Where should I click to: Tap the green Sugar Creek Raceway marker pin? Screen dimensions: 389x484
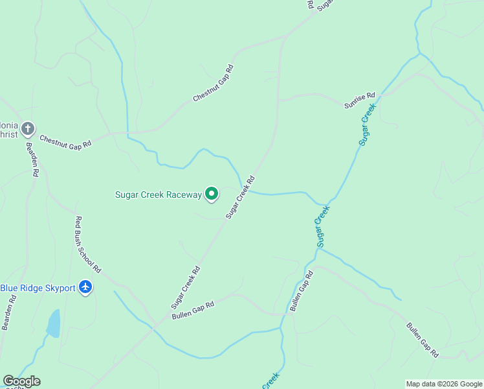coord(212,193)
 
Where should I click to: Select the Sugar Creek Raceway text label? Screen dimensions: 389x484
coord(159,194)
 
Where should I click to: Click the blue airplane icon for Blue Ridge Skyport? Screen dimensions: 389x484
coord(85,287)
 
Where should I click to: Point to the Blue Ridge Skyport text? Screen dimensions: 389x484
coord(38,287)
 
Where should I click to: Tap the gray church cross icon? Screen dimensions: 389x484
coord(27,128)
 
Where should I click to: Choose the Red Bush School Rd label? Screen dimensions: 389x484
coord(88,244)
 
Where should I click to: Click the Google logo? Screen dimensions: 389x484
coord(21,381)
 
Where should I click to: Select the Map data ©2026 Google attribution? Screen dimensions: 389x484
coord(445,384)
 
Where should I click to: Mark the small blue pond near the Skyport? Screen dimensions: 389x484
coord(54,323)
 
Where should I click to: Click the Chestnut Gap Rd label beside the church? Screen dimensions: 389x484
coord(65,140)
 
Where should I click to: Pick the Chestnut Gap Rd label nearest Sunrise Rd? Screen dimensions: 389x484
coord(213,83)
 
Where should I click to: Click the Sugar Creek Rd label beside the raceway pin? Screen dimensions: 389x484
coord(240,196)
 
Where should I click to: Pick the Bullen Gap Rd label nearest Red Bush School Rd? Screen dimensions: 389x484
coord(193,311)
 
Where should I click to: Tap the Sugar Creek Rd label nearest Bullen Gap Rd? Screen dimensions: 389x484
coord(186,287)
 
